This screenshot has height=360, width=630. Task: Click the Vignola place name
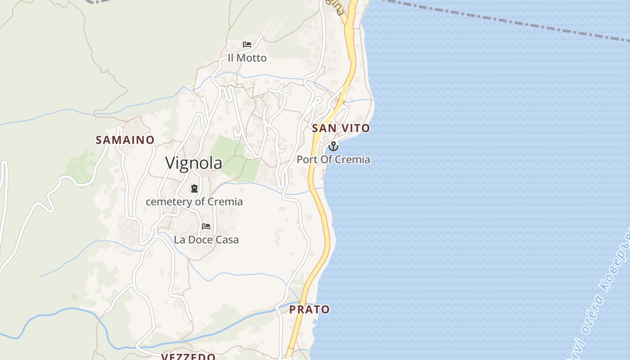pos(193,163)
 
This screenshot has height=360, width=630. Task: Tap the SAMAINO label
pos(125,140)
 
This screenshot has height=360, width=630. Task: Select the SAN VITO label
pos(341,128)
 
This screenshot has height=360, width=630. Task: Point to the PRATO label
pos(309,310)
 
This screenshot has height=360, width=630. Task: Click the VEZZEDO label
pos(188,356)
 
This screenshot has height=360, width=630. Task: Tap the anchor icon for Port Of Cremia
pos(333,146)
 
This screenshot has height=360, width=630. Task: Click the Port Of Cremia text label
pos(333,160)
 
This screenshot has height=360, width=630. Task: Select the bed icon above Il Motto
pos(247,44)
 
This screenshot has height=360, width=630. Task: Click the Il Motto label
pos(247,58)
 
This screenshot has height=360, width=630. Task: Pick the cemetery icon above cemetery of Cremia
pos(194,189)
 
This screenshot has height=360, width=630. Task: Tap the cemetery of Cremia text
pos(194,202)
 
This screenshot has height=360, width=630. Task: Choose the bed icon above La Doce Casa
pos(206,226)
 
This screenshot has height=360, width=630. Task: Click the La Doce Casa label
pos(206,240)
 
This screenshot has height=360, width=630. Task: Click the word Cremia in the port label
pos(355,160)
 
